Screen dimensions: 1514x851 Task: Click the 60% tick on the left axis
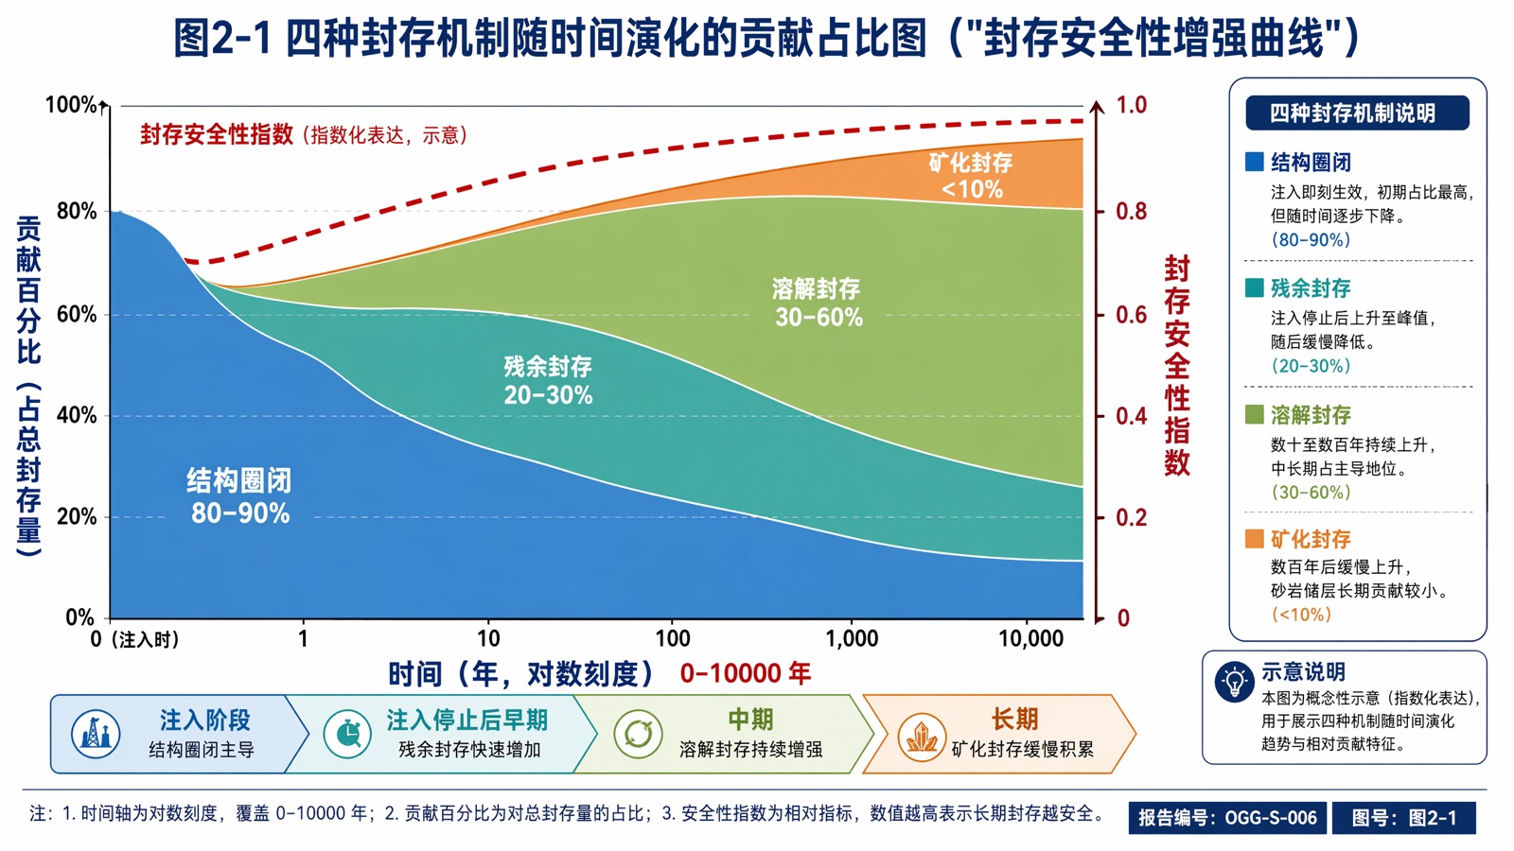(x=77, y=315)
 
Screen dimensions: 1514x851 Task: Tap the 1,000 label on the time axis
(x=852, y=638)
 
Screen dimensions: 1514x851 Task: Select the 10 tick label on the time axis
(x=488, y=638)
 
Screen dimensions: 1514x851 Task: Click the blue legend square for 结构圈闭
(x=1255, y=162)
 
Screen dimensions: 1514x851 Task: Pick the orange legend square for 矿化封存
(x=1255, y=539)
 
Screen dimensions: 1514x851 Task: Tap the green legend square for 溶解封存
(x=1255, y=414)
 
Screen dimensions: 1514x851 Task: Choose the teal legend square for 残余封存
(x=1255, y=287)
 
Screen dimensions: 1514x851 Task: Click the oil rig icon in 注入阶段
(x=96, y=734)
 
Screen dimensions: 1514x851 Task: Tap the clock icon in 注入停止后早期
(x=347, y=734)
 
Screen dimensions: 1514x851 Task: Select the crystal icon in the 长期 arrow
(x=922, y=737)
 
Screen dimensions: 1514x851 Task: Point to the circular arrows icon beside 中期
(x=638, y=734)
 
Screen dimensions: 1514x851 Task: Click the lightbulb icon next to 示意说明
(x=1234, y=682)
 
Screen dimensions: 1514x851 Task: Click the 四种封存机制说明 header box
(x=1357, y=113)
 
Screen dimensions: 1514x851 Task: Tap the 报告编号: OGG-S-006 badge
(x=1227, y=818)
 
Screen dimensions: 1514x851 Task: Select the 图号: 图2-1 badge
(x=1404, y=818)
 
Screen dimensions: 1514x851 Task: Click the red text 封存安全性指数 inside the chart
(x=217, y=134)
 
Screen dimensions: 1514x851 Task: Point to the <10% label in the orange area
(x=971, y=190)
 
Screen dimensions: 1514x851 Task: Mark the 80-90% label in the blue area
(x=240, y=513)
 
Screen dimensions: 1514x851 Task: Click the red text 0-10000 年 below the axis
(x=746, y=673)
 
